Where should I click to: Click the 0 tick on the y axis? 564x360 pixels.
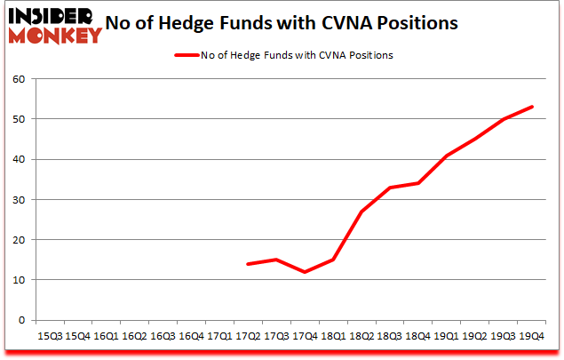19,320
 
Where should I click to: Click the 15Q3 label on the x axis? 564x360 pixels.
51,336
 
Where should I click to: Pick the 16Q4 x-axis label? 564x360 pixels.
191,336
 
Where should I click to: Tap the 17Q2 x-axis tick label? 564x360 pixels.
247,336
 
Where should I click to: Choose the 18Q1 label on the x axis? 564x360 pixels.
331,336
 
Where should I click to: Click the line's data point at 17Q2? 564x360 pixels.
247,264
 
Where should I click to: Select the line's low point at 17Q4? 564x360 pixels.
304,272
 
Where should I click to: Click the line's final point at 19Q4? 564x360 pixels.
531,107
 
